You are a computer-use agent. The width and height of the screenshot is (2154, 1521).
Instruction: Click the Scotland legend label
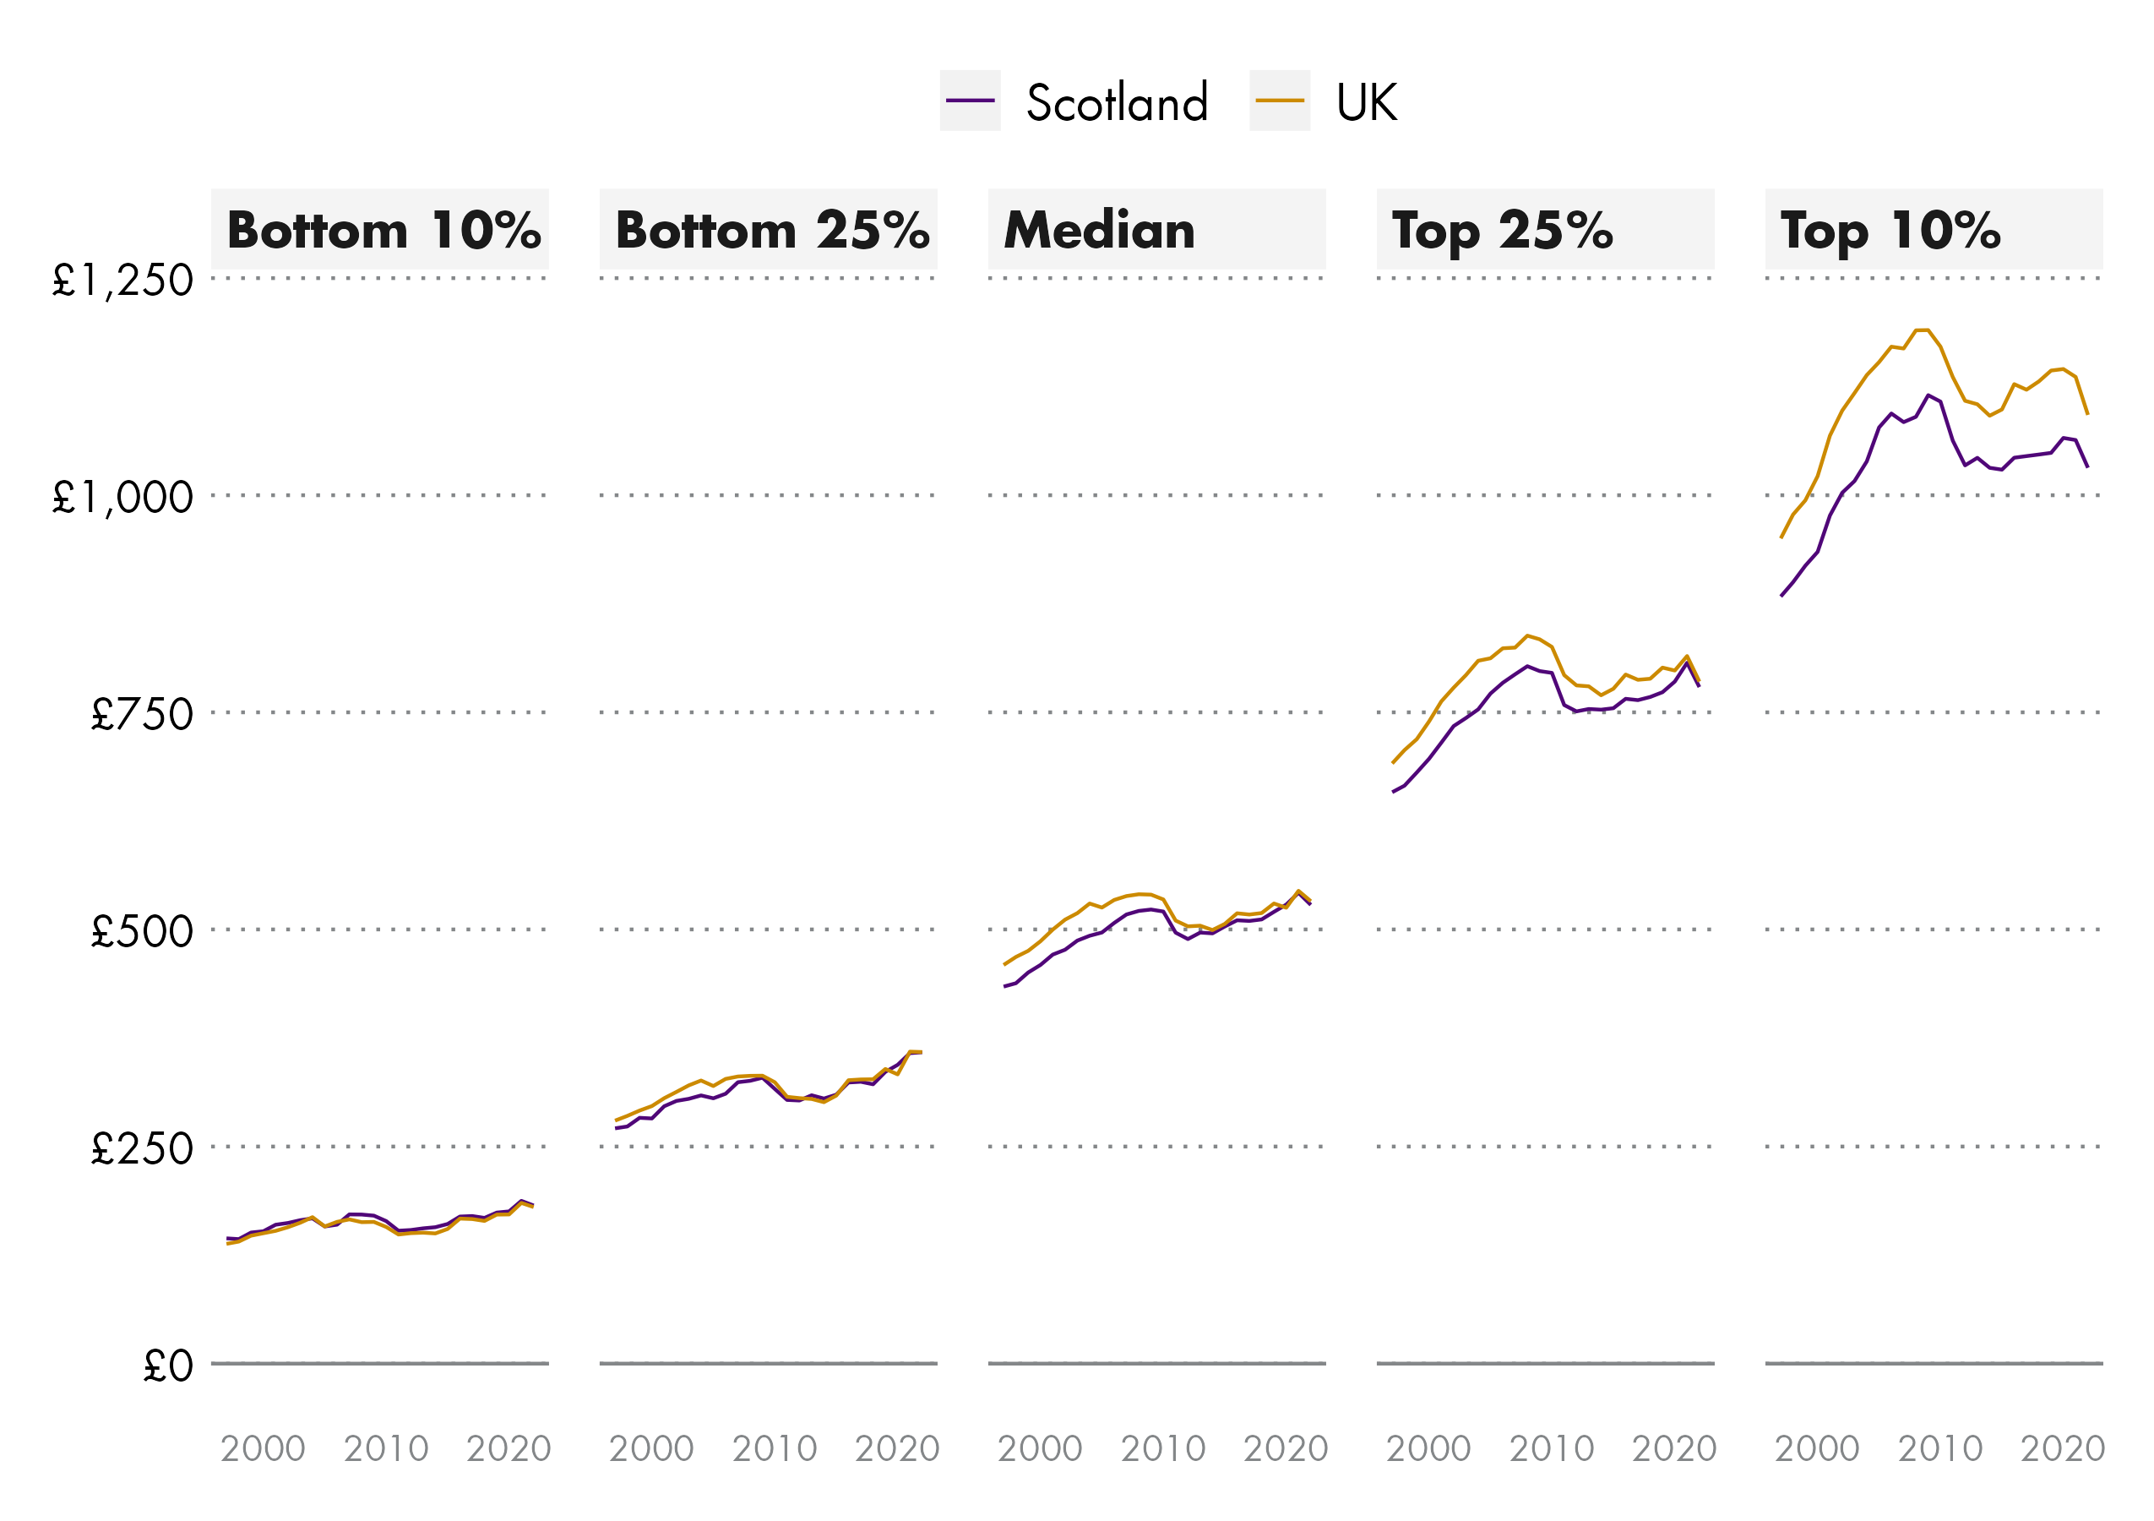click(x=1117, y=102)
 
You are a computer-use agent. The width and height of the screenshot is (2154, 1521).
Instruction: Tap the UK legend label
click(x=1366, y=102)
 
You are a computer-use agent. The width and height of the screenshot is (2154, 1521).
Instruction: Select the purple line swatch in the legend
click(x=970, y=101)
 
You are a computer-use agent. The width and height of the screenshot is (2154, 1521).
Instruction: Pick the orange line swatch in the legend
click(x=1280, y=101)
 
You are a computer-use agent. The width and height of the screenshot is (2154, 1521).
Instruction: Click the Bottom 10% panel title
click(x=383, y=231)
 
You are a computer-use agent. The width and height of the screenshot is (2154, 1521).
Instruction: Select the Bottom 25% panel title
click(x=772, y=231)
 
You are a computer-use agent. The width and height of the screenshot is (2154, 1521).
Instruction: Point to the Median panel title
click(x=1100, y=231)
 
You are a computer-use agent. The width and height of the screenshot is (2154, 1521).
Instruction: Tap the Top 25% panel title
click(x=1502, y=231)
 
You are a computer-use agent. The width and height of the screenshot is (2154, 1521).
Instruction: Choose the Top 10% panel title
click(x=1890, y=231)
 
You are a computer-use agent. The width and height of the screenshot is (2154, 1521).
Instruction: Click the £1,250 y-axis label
click(x=122, y=281)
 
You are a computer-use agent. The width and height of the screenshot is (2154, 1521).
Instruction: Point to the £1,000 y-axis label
click(x=122, y=498)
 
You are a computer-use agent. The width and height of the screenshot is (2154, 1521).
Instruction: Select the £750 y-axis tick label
click(x=142, y=715)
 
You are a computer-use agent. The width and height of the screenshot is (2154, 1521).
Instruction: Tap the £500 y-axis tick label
click(x=142, y=932)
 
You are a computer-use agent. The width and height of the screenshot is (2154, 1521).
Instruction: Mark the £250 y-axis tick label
click(x=142, y=1148)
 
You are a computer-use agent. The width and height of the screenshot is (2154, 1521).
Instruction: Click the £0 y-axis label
click(x=168, y=1366)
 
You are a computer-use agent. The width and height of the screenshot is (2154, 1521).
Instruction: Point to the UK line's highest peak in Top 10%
click(x=1922, y=330)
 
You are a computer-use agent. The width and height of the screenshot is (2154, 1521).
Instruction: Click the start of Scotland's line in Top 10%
click(x=1781, y=596)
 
